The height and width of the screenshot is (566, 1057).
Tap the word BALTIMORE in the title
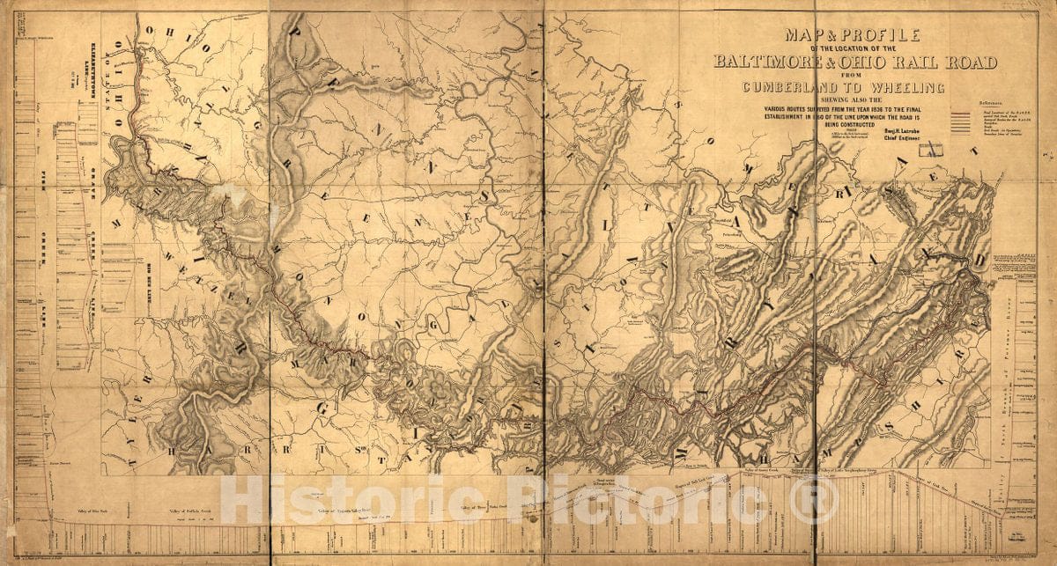(x=772, y=62)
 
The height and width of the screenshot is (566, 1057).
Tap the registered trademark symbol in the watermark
(x=814, y=503)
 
